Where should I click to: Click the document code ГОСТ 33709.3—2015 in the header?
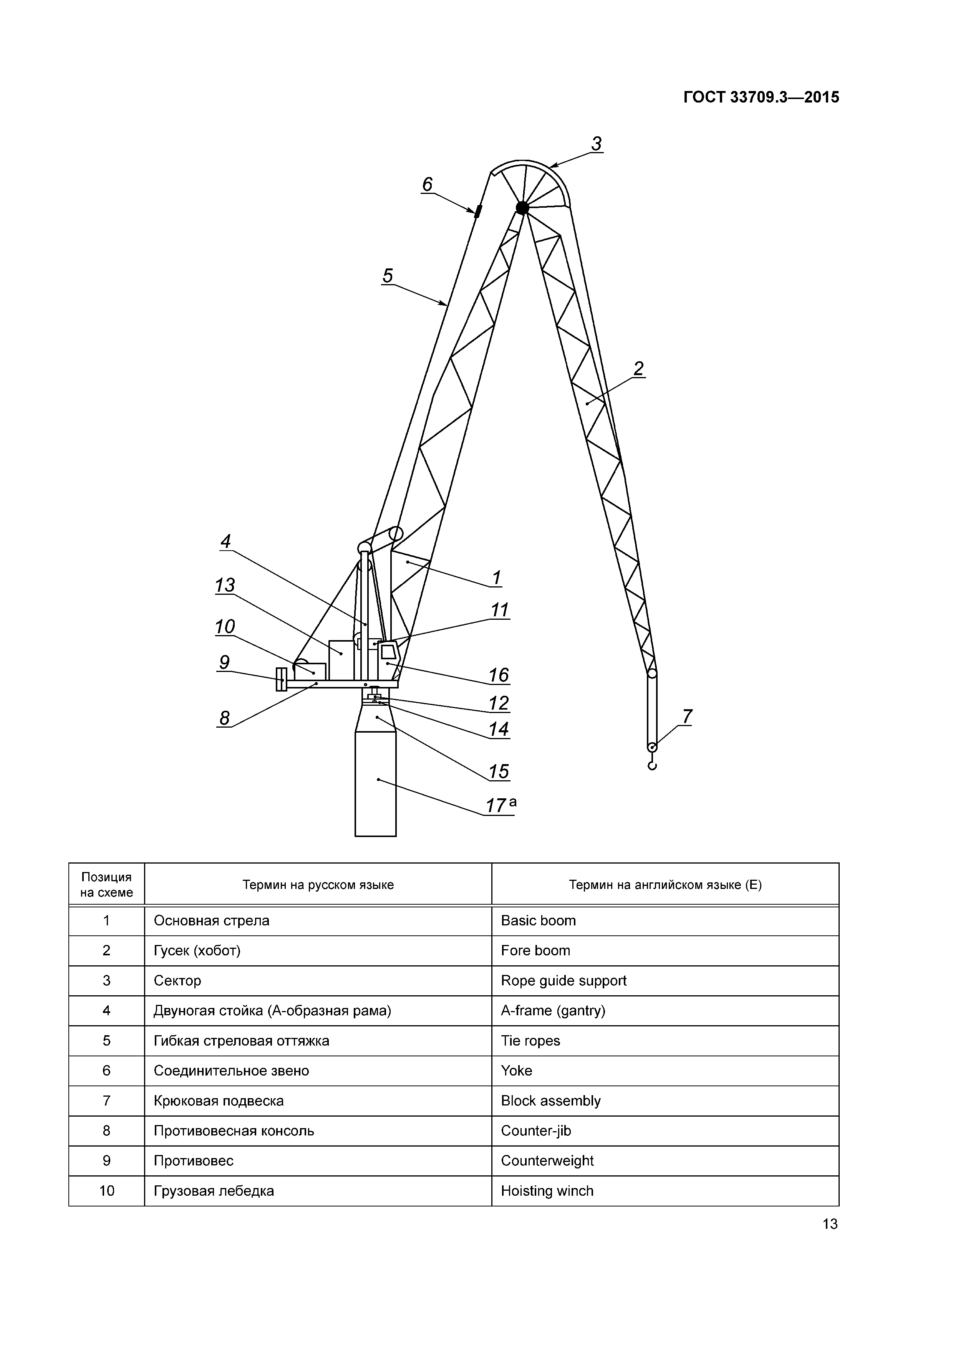tap(761, 98)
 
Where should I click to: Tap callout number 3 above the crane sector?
tap(596, 144)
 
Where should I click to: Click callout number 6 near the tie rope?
tap(427, 185)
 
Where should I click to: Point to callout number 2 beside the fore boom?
tap(638, 369)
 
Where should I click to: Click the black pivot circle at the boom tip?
tap(522, 207)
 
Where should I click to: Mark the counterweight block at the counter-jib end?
tap(281, 679)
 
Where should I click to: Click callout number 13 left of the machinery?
tap(225, 585)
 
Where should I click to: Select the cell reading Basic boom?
tap(538, 920)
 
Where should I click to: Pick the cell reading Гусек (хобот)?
tap(197, 950)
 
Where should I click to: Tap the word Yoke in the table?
tap(516, 1071)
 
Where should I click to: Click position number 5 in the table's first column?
tap(106, 1041)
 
